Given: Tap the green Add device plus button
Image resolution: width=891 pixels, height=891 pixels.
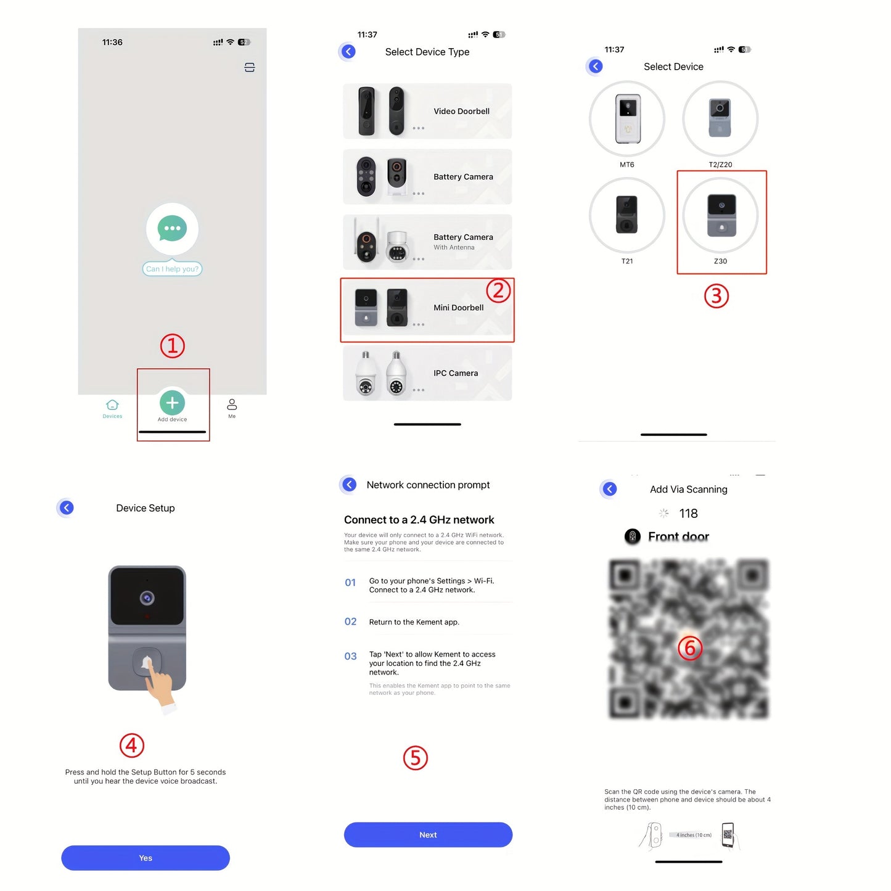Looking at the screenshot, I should point(172,403).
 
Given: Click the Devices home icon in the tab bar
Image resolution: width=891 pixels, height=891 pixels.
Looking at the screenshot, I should point(112,405).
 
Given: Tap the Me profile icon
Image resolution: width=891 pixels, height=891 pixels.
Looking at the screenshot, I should point(232,404).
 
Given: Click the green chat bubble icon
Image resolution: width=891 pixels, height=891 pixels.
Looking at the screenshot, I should point(172,228).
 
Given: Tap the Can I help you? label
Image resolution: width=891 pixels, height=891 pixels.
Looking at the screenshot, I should point(172,269).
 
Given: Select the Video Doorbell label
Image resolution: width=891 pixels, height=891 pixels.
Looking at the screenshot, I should point(461,112).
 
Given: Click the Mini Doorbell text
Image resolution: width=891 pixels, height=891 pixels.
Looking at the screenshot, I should point(458,308).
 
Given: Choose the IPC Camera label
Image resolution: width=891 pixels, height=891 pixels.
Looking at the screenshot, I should point(455,373).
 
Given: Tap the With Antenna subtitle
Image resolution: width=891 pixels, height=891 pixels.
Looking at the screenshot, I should point(454,248).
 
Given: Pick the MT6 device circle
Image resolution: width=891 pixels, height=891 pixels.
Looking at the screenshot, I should point(626,118).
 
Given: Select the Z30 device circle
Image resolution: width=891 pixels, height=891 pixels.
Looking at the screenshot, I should point(720,215).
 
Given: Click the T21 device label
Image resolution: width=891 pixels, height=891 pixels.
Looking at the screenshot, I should point(626,261).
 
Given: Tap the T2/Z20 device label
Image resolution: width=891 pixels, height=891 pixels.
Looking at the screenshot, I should point(720,165).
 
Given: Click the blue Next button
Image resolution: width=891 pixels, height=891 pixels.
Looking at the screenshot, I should point(428,834).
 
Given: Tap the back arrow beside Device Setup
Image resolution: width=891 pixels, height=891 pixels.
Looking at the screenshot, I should point(67,507).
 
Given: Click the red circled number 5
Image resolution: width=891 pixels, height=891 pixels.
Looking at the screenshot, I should point(415,758).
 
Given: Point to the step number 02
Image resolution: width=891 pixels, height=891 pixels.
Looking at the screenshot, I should point(350,622).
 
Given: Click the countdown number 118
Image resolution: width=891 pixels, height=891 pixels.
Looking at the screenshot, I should point(688,513).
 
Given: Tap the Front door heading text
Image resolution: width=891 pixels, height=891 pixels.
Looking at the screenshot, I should point(678,536).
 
